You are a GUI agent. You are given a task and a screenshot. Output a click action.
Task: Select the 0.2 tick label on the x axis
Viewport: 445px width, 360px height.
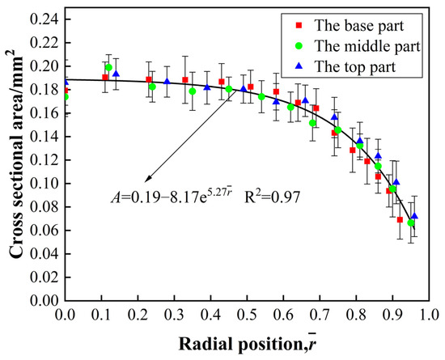pyautogui.click(x=136, y=313)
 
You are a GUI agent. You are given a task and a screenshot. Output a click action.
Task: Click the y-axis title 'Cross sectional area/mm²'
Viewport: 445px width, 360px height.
pyautogui.click(x=17, y=159)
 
